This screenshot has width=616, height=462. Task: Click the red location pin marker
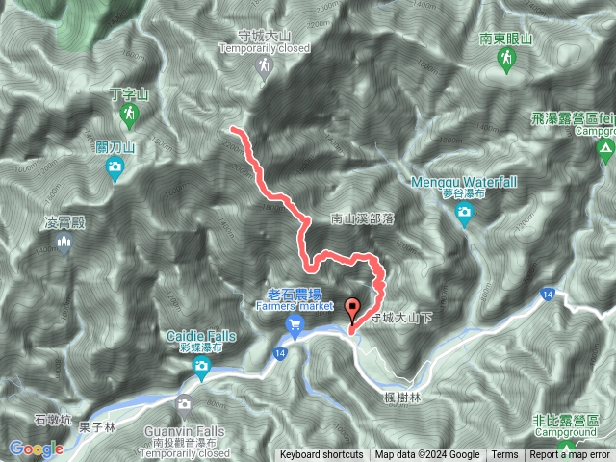point(352,310)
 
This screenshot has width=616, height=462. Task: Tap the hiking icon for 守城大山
point(264,65)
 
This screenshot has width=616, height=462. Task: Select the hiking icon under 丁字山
point(129,115)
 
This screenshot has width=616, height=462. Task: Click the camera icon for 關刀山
point(115,170)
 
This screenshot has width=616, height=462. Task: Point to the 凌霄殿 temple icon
point(65,244)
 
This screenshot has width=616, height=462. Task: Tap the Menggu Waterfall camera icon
point(465,213)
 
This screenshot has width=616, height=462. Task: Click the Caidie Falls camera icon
point(201,366)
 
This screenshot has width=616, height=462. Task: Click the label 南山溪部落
point(364,219)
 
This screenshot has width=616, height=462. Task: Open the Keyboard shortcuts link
point(321,455)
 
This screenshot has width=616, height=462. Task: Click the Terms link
point(504,455)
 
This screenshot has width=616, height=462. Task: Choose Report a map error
point(570,455)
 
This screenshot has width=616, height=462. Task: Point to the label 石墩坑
point(52,420)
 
